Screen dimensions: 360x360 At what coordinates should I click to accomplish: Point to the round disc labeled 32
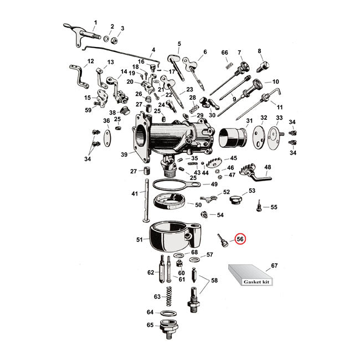tap(256, 137)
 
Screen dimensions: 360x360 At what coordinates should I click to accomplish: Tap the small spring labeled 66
tap(227, 66)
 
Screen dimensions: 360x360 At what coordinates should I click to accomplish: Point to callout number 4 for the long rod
tap(153, 50)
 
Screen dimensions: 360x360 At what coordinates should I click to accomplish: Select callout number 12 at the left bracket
tap(91, 61)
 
